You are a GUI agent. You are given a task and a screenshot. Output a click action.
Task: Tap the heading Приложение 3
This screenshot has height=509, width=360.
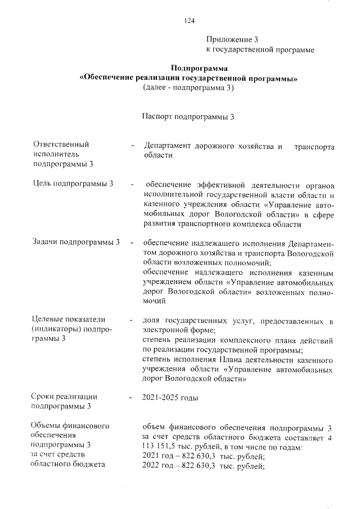[x=232, y=39]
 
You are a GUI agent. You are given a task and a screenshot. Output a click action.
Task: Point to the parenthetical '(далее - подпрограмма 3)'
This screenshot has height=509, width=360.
[x=188, y=88]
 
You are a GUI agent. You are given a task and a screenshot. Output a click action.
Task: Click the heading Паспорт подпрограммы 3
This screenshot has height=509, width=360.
[x=188, y=117]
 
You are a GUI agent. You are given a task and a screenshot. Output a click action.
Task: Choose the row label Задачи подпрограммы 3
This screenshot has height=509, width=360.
[x=77, y=242]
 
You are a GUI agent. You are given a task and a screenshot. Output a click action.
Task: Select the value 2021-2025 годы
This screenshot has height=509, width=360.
[x=170, y=398]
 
